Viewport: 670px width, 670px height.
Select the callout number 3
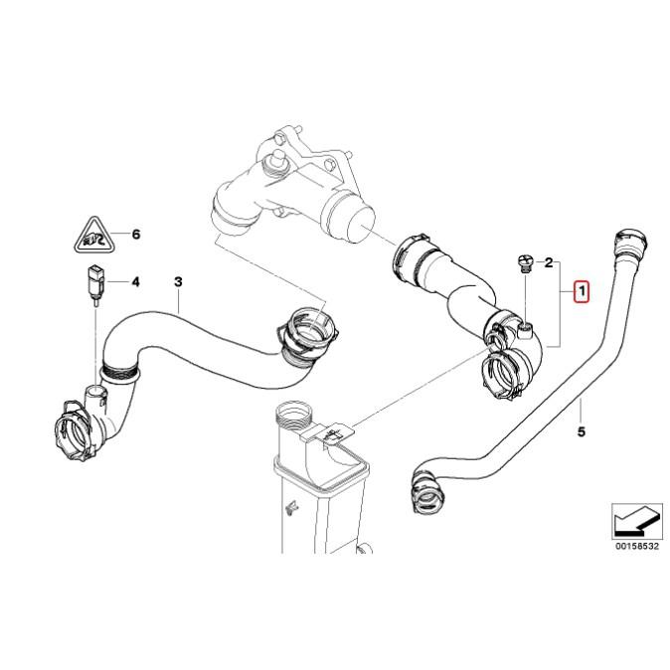178,281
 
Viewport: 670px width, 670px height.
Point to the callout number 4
136,281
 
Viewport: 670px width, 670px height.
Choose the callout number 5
582,431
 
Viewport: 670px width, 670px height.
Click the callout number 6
136,235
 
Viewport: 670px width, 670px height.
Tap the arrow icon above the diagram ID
634,520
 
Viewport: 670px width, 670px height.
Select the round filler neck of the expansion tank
295,413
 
